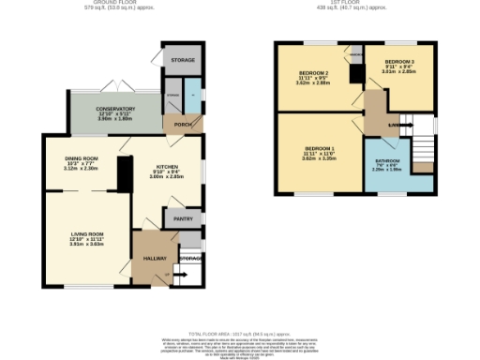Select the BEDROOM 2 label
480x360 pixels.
click(313, 72)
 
